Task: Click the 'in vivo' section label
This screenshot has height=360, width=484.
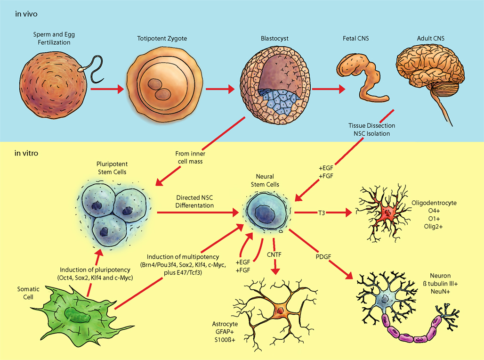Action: click(26, 14)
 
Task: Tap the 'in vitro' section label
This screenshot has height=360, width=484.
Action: click(26, 153)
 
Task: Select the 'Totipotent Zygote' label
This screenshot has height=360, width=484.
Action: click(162, 38)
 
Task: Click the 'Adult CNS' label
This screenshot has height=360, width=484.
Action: click(431, 38)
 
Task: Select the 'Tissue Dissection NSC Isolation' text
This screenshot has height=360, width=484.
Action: click(371, 130)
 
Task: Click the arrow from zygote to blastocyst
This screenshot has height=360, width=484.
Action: click(220, 89)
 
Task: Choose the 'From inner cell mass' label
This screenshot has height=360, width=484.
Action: click(190, 157)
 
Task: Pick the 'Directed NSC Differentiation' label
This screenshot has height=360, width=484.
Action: click(194, 202)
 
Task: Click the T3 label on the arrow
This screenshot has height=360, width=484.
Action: click(322, 213)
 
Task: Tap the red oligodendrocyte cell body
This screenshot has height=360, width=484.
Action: click(386, 213)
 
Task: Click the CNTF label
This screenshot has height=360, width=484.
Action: click(274, 254)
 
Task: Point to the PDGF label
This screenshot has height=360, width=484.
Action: click(323, 256)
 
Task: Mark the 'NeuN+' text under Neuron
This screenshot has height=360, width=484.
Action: click(440, 291)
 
